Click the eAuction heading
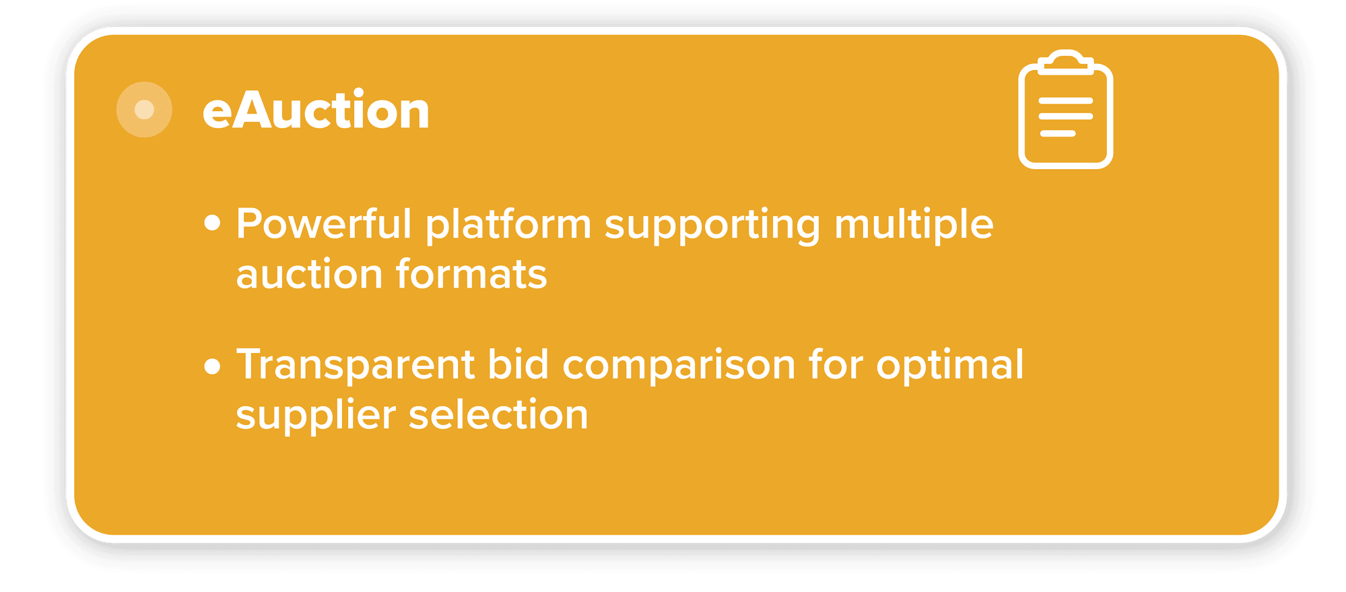click(316, 110)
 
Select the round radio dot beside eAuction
click(144, 110)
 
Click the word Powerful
click(324, 224)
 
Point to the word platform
click(508, 225)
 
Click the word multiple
click(914, 225)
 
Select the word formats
click(471, 274)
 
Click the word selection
click(499, 414)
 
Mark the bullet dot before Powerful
click(212, 223)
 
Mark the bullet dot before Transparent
click(212, 366)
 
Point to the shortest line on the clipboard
click(1058, 133)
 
